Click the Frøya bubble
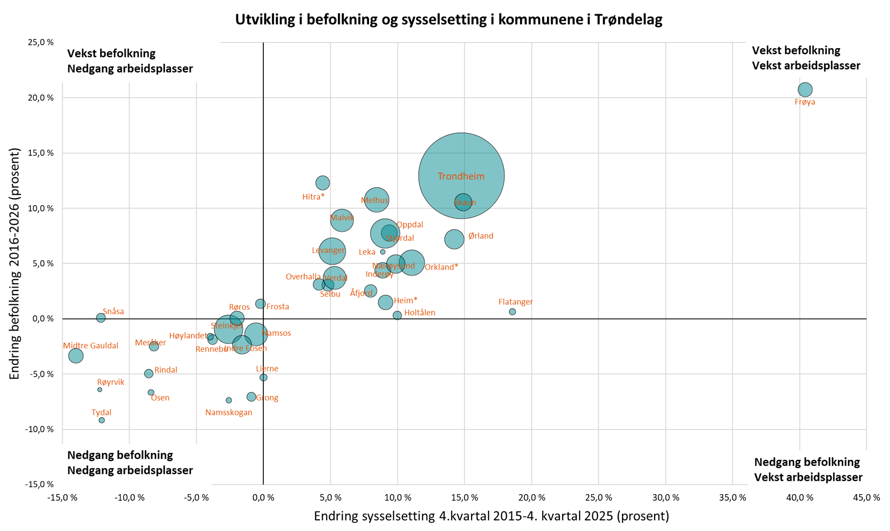805,89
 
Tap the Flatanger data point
512,312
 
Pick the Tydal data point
101,420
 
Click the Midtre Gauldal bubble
76,355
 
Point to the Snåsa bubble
101,318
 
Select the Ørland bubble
454,239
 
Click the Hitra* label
313,197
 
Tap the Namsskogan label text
228,413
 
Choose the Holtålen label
420,312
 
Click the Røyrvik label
110,382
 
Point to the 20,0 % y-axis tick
41,98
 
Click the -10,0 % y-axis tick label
40,429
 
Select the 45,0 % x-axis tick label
866,497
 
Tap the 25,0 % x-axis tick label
598,497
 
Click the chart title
448,19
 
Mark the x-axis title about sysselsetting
491,516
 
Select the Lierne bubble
263,378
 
